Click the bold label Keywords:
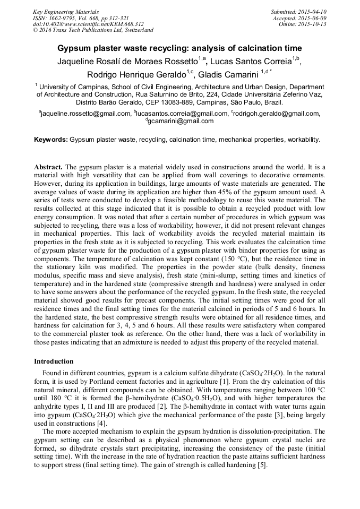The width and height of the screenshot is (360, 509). (x=50, y=140)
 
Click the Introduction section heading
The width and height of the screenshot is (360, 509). (x=54, y=361)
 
